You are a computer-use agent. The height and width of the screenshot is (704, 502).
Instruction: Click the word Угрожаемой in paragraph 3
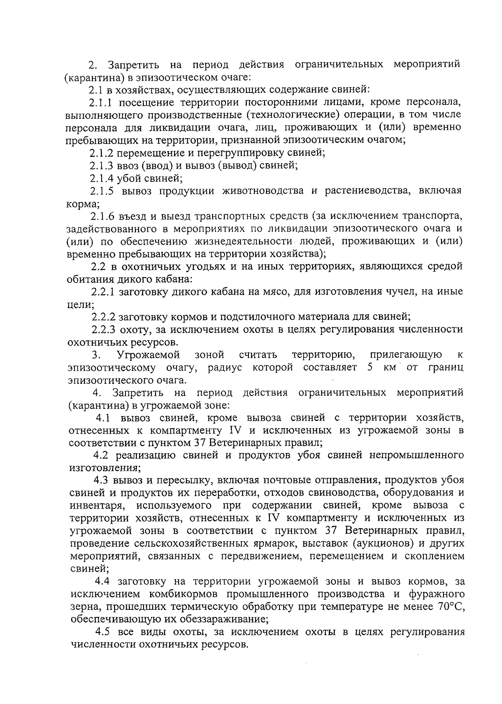(149, 355)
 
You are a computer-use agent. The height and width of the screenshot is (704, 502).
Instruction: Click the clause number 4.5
(102, 632)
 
